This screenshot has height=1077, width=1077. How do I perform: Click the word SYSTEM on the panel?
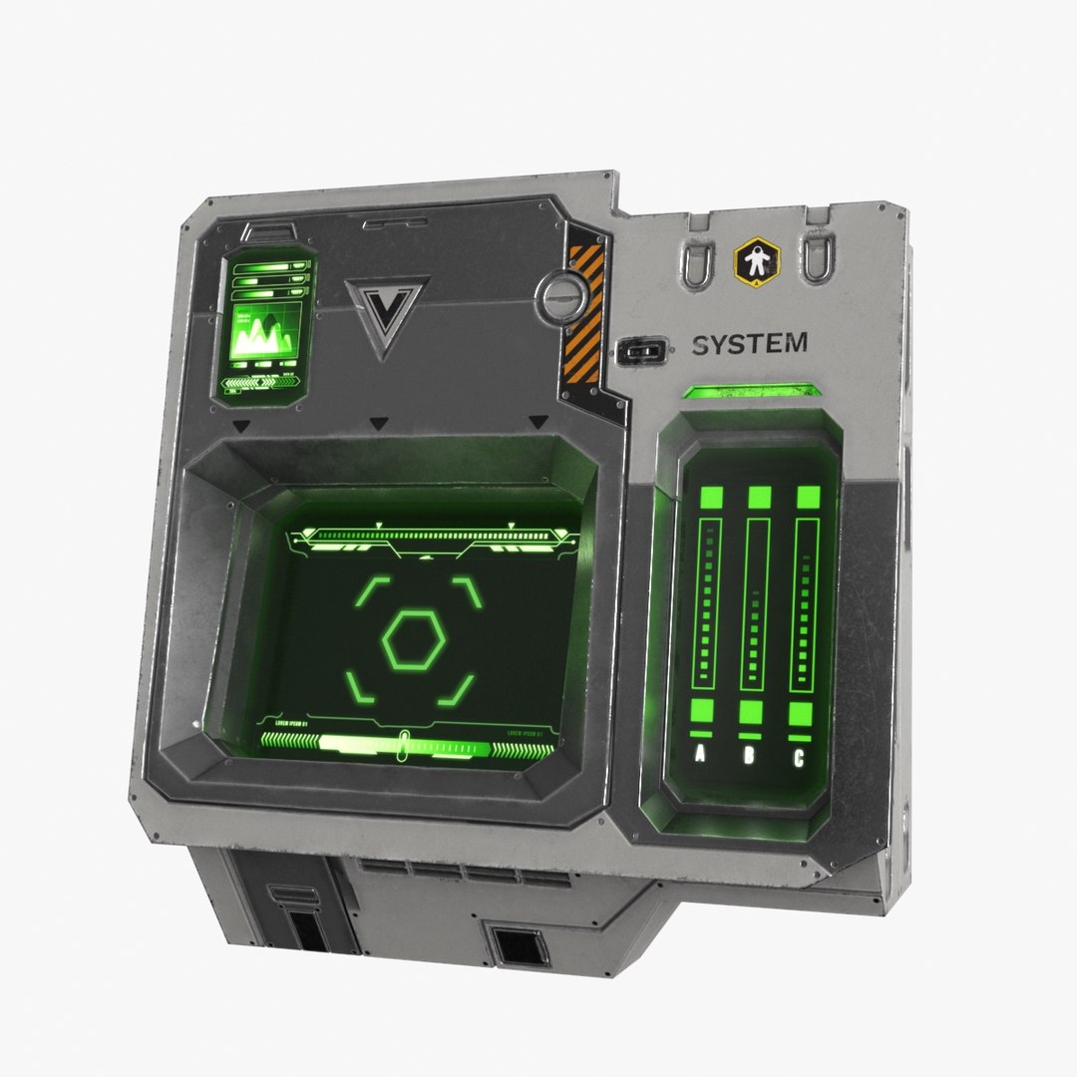coord(749,345)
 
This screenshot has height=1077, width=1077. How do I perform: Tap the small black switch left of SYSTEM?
coord(641,351)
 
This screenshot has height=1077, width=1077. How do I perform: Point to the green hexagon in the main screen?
coord(415,639)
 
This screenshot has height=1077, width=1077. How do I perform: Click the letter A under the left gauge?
coord(699,755)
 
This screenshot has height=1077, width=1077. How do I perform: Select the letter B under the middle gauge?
coord(749,756)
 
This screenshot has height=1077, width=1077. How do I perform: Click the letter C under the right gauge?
coord(799,757)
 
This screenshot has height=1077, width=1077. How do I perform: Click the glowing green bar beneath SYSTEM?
coord(753,390)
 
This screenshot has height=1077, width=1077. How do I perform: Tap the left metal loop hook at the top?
coord(695,262)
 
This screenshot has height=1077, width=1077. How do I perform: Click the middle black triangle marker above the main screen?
coord(378,425)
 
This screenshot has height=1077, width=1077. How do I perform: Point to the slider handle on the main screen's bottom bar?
coord(403,744)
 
